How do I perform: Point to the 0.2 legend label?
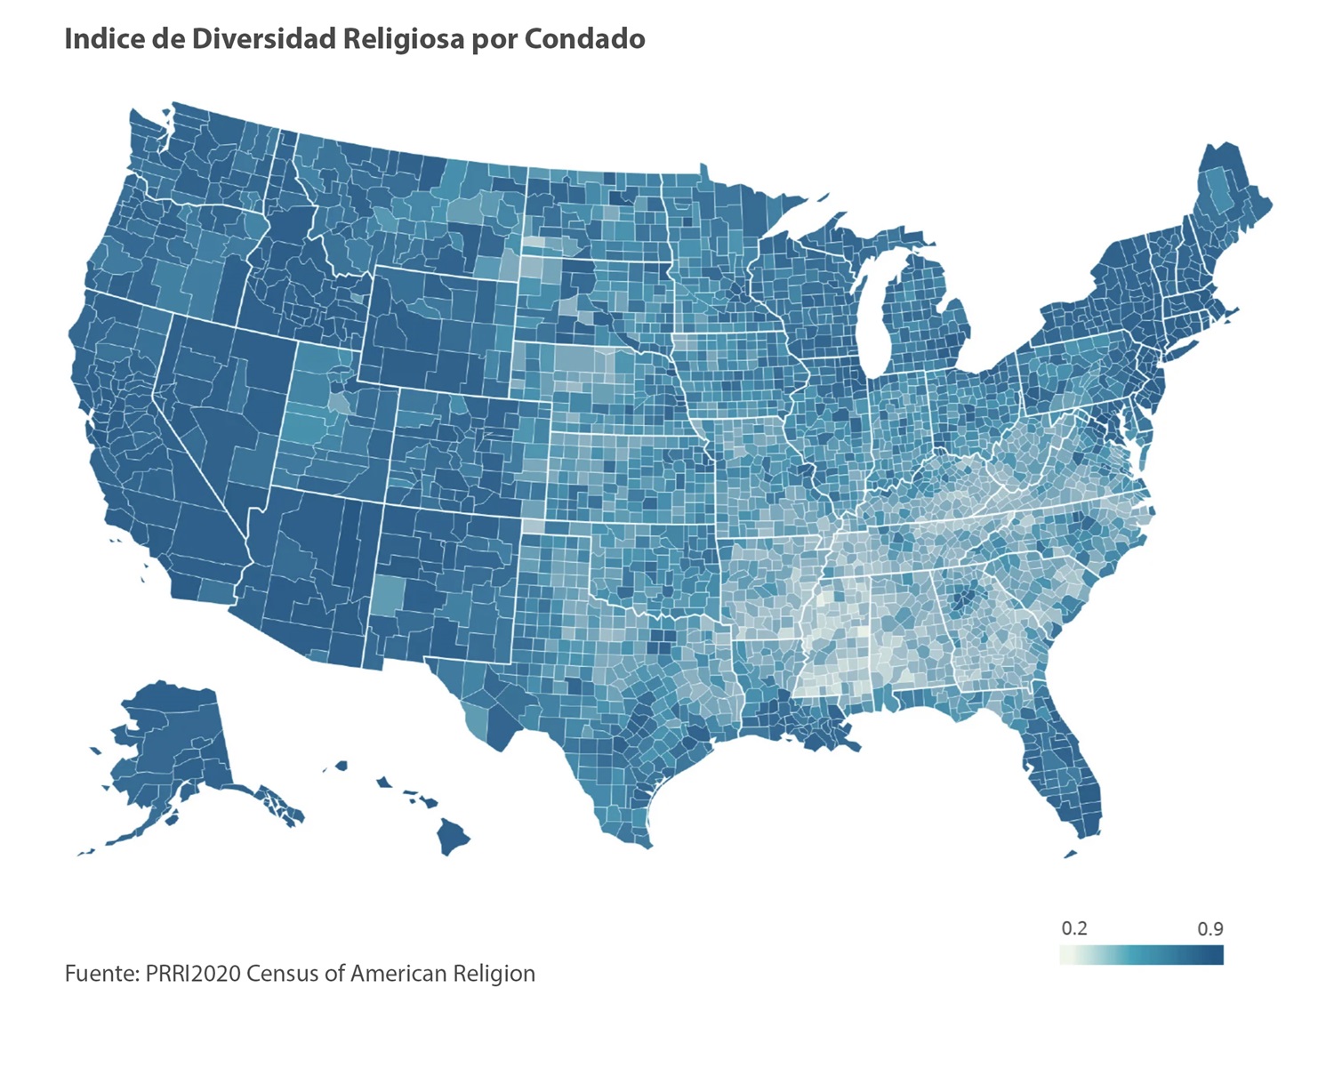1074,928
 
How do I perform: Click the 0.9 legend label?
1210,928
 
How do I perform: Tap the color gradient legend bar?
1142,955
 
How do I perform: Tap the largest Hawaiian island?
453,836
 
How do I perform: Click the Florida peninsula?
1063,765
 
